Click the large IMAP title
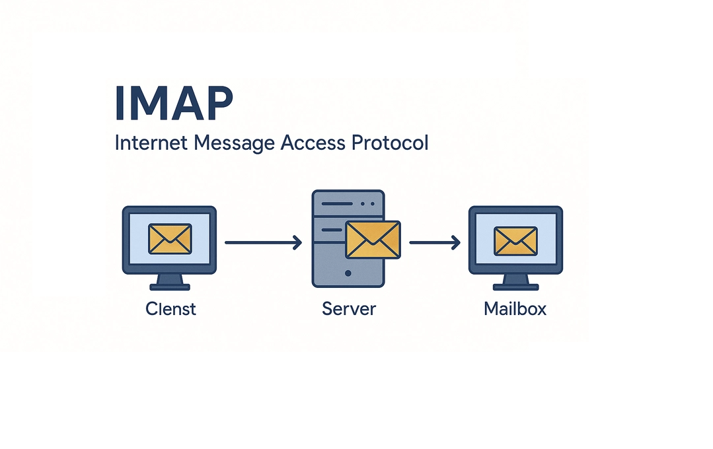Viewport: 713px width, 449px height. (x=174, y=103)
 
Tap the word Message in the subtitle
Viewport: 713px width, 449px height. (x=229, y=143)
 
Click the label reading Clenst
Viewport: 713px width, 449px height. (x=170, y=308)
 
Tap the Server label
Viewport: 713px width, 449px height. (x=349, y=308)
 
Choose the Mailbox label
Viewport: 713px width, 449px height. (x=515, y=308)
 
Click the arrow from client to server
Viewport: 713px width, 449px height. (x=262, y=243)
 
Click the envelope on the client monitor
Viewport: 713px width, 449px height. (x=170, y=238)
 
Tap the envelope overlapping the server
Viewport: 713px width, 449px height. (x=373, y=240)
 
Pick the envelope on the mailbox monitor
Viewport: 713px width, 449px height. (x=515, y=240)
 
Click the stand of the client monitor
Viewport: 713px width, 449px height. (x=170, y=282)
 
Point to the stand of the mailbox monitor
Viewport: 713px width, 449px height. (x=515, y=282)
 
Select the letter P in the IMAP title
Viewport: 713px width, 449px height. (x=217, y=103)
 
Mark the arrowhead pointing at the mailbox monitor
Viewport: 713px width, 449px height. (x=455, y=243)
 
